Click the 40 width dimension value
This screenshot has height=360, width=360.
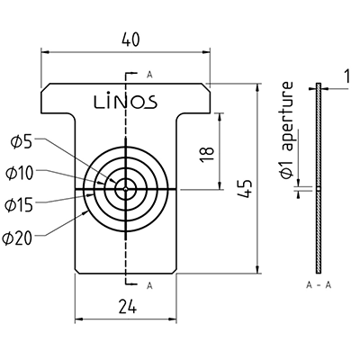click(131, 40)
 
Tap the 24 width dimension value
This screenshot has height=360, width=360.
click(127, 307)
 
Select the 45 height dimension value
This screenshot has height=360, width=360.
click(245, 189)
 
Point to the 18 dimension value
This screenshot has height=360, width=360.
click(207, 154)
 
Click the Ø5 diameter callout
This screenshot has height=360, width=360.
click(21, 142)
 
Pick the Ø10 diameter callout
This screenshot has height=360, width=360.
click(19, 174)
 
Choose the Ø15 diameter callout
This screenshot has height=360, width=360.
click(19, 205)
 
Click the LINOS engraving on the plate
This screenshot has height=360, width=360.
click(126, 101)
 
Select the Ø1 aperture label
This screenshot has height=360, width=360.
click(286, 130)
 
